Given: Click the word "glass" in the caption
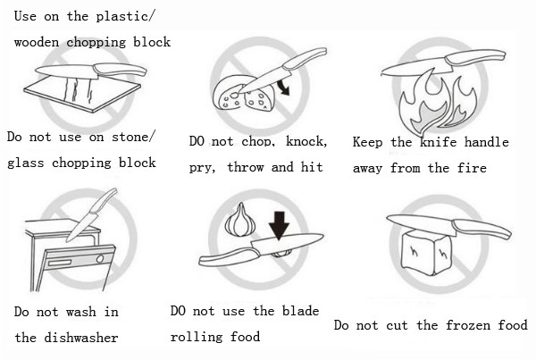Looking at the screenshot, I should click(x=26, y=163).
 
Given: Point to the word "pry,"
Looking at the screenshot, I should click(x=205, y=167).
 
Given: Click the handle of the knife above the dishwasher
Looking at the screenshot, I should click(x=105, y=201).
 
